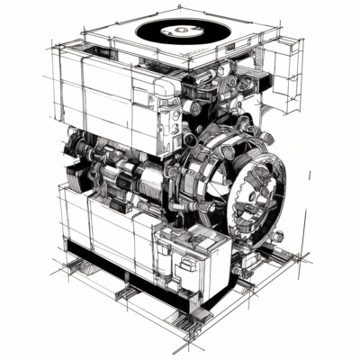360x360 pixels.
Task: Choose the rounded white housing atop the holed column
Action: [x=169, y=88]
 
